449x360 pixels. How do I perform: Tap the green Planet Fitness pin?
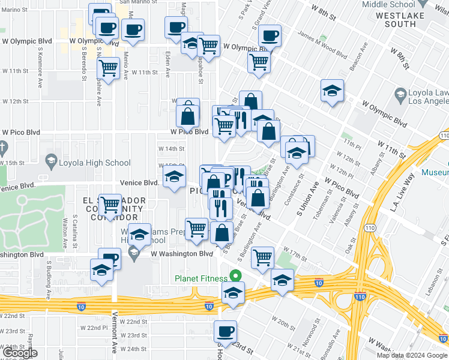click(x=236, y=277)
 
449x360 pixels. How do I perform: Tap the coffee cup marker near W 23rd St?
click(x=226, y=331)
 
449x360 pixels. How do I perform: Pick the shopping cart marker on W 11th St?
click(x=109, y=68)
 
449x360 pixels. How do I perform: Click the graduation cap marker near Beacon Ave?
click(x=332, y=91)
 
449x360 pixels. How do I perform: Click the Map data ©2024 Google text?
click(x=411, y=355)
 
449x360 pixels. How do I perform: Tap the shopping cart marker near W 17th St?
click(x=262, y=257)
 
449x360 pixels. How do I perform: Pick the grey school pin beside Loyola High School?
click(x=51, y=163)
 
